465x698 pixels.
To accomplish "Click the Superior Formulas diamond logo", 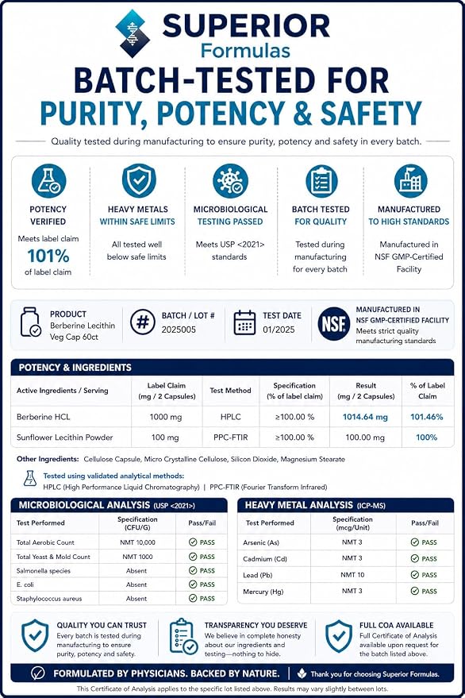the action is click(133, 34).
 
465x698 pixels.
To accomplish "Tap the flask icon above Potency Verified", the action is click(48, 181).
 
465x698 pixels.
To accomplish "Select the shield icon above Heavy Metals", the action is click(139, 180).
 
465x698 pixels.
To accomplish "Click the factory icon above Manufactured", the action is click(410, 181).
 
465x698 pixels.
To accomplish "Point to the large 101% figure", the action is click(48, 256).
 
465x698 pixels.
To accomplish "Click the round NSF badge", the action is click(334, 324).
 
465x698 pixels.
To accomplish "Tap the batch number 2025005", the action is click(179, 330).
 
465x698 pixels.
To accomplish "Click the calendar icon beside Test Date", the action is click(244, 322).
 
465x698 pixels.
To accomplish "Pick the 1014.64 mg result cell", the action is click(365, 417).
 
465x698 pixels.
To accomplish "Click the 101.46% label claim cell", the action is click(426, 417).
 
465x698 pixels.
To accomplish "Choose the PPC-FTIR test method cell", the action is click(230, 438).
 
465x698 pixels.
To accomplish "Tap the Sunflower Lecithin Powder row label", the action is click(64, 438).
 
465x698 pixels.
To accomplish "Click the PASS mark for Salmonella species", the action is click(202, 570).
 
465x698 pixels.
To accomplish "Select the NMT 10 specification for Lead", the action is click(352, 575).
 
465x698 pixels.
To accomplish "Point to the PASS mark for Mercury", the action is click(424, 591).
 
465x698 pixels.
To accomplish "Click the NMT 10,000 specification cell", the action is click(137, 542).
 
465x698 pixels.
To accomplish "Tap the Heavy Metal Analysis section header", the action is click(315, 505).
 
